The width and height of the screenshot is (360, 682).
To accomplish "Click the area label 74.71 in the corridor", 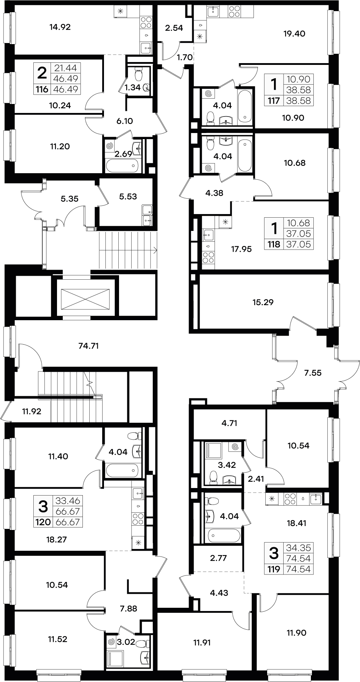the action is [88, 346].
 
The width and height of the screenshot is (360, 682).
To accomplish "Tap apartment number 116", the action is [42, 89].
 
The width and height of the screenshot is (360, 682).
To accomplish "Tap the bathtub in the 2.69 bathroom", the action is [123, 165].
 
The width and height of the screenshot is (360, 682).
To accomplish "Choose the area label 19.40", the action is [294, 34].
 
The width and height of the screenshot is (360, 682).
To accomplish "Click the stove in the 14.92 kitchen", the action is [146, 23].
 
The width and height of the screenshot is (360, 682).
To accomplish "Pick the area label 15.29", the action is [263, 302].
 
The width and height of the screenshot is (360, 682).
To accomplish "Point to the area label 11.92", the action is [32, 411].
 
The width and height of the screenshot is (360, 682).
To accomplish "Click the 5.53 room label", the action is [128, 196].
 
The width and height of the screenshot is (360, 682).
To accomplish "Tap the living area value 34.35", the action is [298, 548].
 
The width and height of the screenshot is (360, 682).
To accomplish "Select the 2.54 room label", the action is [174, 28].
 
